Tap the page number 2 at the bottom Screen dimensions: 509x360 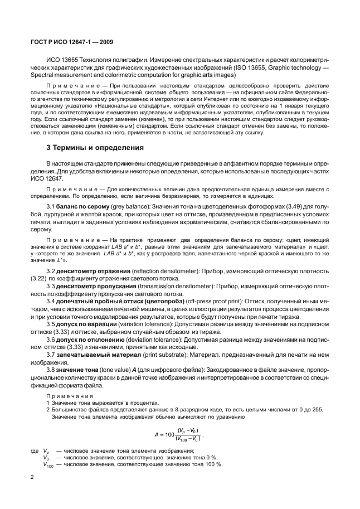33,476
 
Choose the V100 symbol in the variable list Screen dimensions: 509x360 48,464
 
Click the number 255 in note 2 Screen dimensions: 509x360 316,409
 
